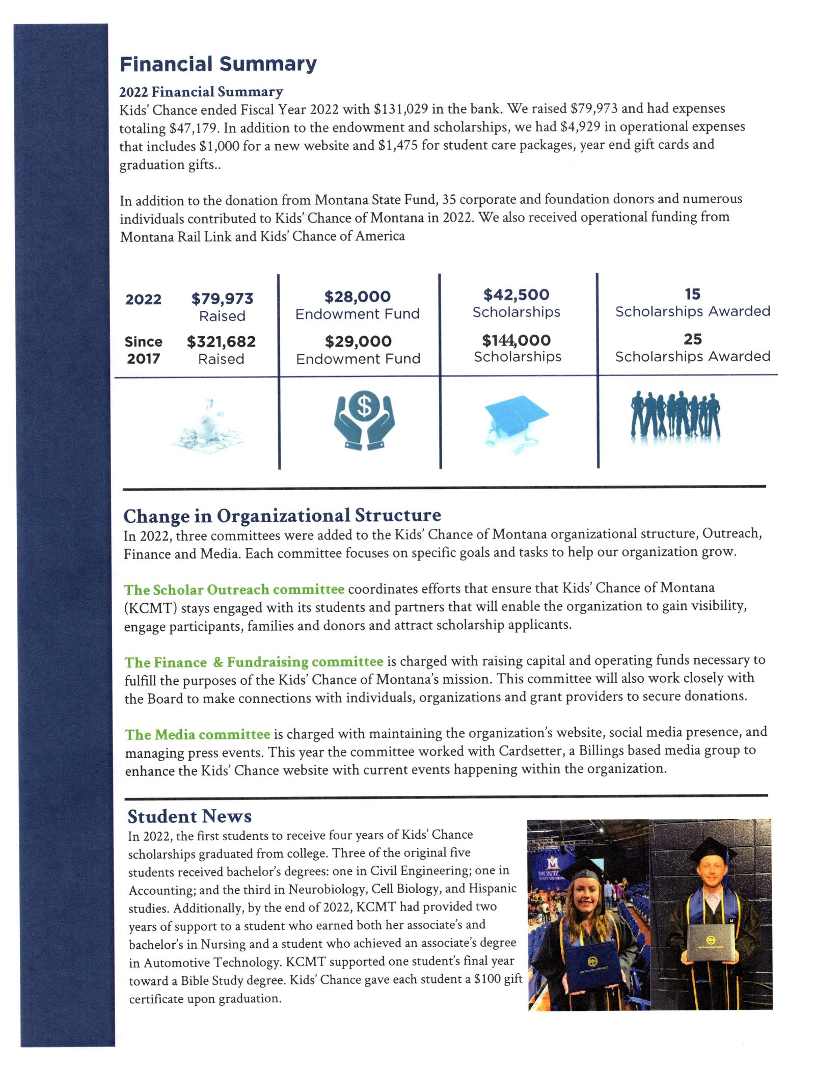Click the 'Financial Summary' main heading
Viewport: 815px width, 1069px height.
[x=218, y=64]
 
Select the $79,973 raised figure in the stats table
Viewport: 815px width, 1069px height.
[x=222, y=299]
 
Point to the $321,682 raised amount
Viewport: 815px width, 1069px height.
[x=221, y=341]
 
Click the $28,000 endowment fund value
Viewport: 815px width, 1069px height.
[x=358, y=297]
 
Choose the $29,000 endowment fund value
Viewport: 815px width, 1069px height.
[x=358, y=341]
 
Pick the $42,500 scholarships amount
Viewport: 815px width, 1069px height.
[x=516, y=295]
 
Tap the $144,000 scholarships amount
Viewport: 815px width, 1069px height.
[x=517, y=340]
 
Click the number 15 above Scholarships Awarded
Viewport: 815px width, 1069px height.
[x=692, y=294]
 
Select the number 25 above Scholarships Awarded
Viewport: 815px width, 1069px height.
[x=693, y=339]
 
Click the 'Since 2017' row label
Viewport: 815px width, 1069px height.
[x=144, y=350]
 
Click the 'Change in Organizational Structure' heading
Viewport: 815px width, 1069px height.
[x=282, y=516]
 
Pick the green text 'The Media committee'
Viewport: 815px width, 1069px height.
[x=198, y=734]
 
